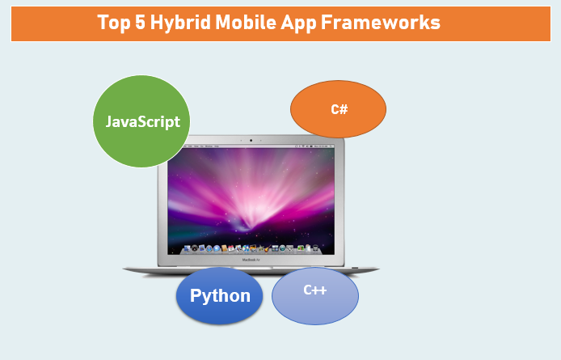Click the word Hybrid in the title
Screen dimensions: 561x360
click(x=180, y=23)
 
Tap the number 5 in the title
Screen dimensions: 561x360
click(x=141, y=23)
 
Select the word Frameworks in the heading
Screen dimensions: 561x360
click(x=381, y=23)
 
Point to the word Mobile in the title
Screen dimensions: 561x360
click(x=246, y=23)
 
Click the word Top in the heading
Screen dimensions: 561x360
click(x=114, y=23)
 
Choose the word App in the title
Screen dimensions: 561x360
click(x=299, y=23)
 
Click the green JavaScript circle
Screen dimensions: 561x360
click(x=141, y=121)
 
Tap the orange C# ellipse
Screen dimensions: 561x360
click(x=339, y=109)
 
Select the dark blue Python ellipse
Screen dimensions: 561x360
click(x=219, y=296)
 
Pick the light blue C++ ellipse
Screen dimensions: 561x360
click(x=315, y=296)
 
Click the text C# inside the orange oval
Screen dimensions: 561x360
click(x=340, y=109)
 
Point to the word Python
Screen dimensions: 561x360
click(x=220, y=296)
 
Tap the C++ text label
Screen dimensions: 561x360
click(x=314, y=290)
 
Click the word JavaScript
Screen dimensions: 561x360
click(x=143, y=122)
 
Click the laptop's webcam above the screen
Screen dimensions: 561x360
click(x=251, y=141)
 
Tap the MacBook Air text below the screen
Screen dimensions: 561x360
click(x=251, y=260)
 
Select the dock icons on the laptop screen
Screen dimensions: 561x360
click(x=251, y=248)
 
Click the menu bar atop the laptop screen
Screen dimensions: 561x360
click(x=251, y=146)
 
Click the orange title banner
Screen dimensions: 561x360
click(x=280, y=23)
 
